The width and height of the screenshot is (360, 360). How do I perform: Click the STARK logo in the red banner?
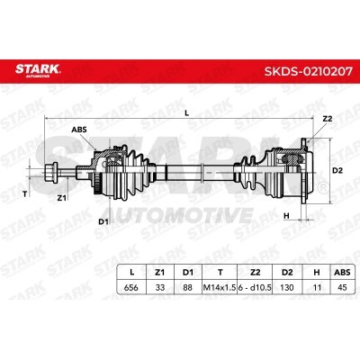click(x=38, y=70)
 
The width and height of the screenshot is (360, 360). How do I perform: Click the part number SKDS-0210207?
click(x=308, y=71)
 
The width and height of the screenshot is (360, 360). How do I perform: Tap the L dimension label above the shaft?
click(x=186, y=112)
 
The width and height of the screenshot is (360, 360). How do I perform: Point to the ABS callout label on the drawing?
click(x=79, y=130)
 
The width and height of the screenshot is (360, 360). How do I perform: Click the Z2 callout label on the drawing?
click(x=328, y=119)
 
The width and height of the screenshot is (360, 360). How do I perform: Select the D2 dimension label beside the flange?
click(x=337, y=170)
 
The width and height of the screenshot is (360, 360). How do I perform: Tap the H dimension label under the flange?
click(x=286, y=215)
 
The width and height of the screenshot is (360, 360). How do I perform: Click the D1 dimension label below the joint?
click(x=103, y=222)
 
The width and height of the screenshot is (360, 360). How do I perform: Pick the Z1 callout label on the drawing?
click(x=61, y=198)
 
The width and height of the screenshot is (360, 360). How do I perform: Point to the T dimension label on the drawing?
click(x=25, y=194)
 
